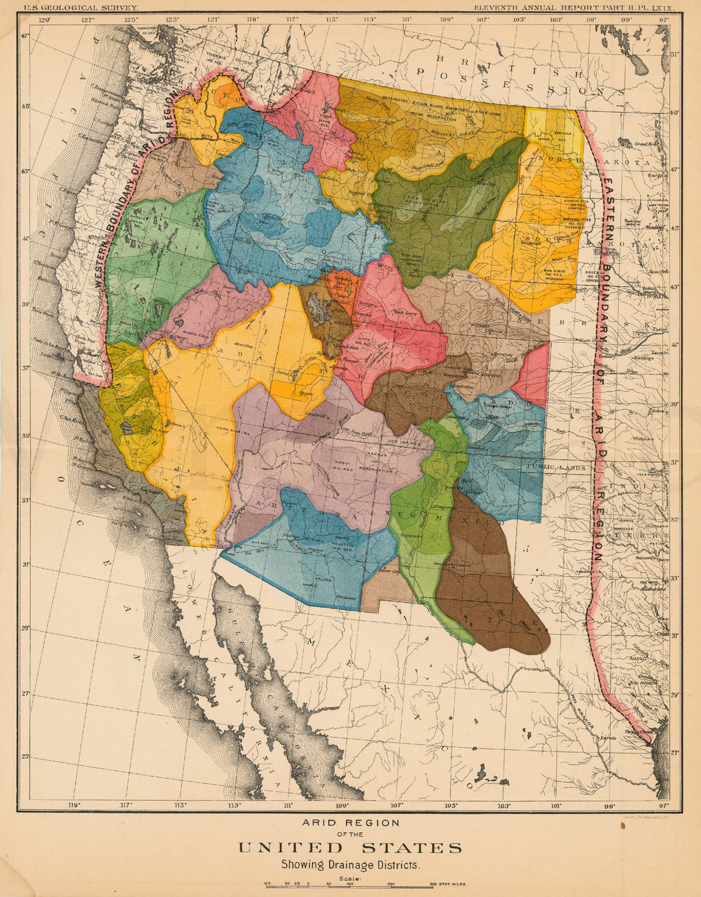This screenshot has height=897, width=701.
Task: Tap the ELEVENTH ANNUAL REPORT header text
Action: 574,7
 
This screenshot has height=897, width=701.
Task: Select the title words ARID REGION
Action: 350,823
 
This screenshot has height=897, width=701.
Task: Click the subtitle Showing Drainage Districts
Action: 350,865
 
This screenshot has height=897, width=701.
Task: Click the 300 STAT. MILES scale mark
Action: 447,884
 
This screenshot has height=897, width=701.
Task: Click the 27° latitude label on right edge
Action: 674,753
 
